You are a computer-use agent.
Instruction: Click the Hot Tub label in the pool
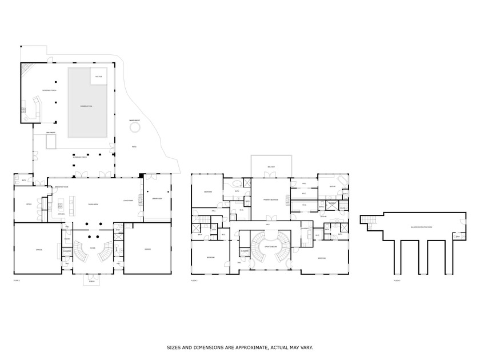pyautogui.click(x=99, y=76)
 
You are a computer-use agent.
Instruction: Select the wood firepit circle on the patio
pyautogui.click(x=135, y=129)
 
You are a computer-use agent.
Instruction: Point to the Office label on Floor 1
pyautogui.click(x=29, y=203)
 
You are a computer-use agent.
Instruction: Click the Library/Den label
pyautogui.click(x=157, y=198)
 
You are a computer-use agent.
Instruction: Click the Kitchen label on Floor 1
pyautogui.click(x=61, y=214)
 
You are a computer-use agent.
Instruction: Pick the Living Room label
pyautogui.click(x=128, y=200)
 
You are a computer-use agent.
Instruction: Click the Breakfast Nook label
pyautogui.click(x=61, y=187)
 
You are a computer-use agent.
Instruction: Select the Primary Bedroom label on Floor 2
pyautogui.click(x=271, y=199)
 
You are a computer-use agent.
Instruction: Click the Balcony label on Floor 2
pyautogui.click(x=271, y=167)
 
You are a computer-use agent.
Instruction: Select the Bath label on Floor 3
pyautogui.click(x=458, y=235)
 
